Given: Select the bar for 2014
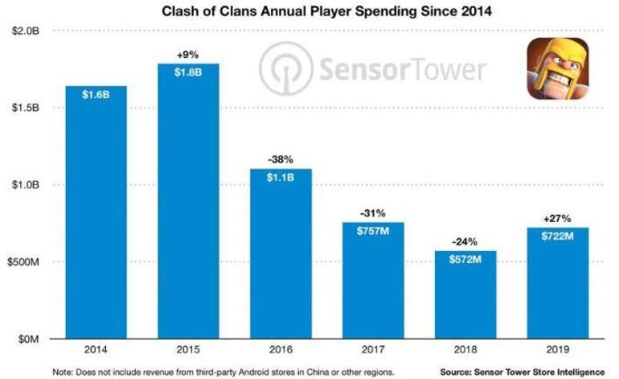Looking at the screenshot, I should pyautogui.click(x=96, y=217).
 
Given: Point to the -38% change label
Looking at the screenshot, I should pyautogui.click(x=281, y=159).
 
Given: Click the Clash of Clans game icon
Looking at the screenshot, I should pyautogui.click(x=554, y=69).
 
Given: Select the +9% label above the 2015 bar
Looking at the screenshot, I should pyautogui.click(x=187, y=54).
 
